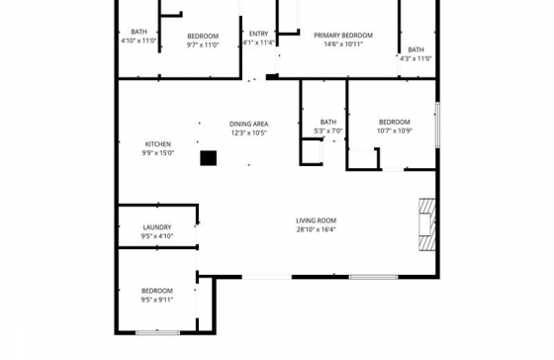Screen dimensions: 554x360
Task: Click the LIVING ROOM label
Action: [x=316, y=221]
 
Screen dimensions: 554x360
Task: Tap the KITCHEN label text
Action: [x=158, y=144]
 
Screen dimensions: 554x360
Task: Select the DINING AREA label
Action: [x=248, y=124]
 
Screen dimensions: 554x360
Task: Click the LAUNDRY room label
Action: [x=157, y=227]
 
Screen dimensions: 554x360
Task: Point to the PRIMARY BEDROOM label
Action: [x=343, y=36]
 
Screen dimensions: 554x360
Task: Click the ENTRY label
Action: [x=258, y=34]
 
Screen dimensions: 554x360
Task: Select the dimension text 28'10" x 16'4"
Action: [x=316, y=229]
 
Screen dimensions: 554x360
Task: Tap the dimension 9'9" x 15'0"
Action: [x=158, y=153]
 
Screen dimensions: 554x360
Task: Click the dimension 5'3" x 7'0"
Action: [x=328, y=132]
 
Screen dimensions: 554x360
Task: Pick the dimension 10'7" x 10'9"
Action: [x=395, y=131]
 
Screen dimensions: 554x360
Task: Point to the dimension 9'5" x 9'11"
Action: [x=157, y=300]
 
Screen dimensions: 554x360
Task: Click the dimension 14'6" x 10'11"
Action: [x=343, y=45]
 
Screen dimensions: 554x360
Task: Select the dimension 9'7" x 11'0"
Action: [x=203, y=45]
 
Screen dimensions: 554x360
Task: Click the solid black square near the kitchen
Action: [x=209, y=158]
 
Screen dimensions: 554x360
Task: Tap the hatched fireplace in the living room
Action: [x=427, y=225]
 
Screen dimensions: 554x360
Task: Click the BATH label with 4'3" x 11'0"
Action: [x=415, y=49]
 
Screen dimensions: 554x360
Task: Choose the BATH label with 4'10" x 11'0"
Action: [x=138, y=32]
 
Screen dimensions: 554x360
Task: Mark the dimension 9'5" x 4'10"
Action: [x=157, y=236]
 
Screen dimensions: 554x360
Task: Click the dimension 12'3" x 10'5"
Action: [x=248, y=133]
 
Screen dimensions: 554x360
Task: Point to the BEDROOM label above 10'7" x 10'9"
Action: [x=395, y=123]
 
